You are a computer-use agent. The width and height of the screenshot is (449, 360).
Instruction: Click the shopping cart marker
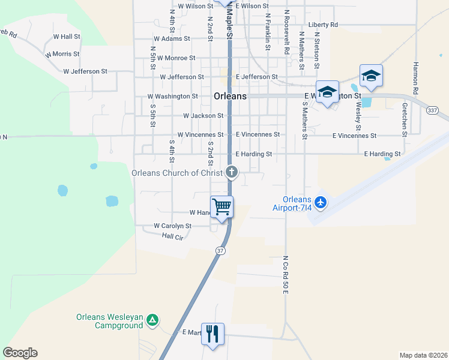(222, 208)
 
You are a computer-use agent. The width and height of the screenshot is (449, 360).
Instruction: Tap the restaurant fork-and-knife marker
(212, 334)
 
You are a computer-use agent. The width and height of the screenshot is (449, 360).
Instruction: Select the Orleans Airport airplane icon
(321, 202)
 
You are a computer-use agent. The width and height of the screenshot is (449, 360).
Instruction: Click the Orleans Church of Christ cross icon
(232, 173)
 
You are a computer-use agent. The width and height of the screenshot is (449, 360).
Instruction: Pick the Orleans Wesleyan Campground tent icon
(152, 321)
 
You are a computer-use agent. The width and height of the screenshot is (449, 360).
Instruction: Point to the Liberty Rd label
(324, 25)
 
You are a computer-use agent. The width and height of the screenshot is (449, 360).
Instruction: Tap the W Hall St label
(67, 37)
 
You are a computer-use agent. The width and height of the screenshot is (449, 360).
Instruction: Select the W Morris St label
(61, 54)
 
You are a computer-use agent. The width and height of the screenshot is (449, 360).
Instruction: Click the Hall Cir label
(172, 238)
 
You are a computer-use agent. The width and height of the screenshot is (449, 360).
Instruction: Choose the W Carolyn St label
(172, 226)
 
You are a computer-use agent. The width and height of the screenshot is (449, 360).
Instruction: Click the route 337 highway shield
(432, 110)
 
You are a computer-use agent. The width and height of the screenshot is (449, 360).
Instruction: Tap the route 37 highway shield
(221, 250)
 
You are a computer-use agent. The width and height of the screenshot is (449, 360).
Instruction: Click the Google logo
(20, 353)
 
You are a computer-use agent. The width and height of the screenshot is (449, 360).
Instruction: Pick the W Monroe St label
(172, 58)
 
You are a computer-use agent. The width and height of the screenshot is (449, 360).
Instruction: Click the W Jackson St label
(203, 115)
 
